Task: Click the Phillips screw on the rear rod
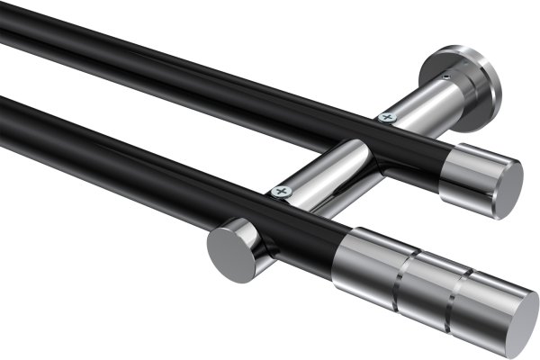(x=388, y=116)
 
